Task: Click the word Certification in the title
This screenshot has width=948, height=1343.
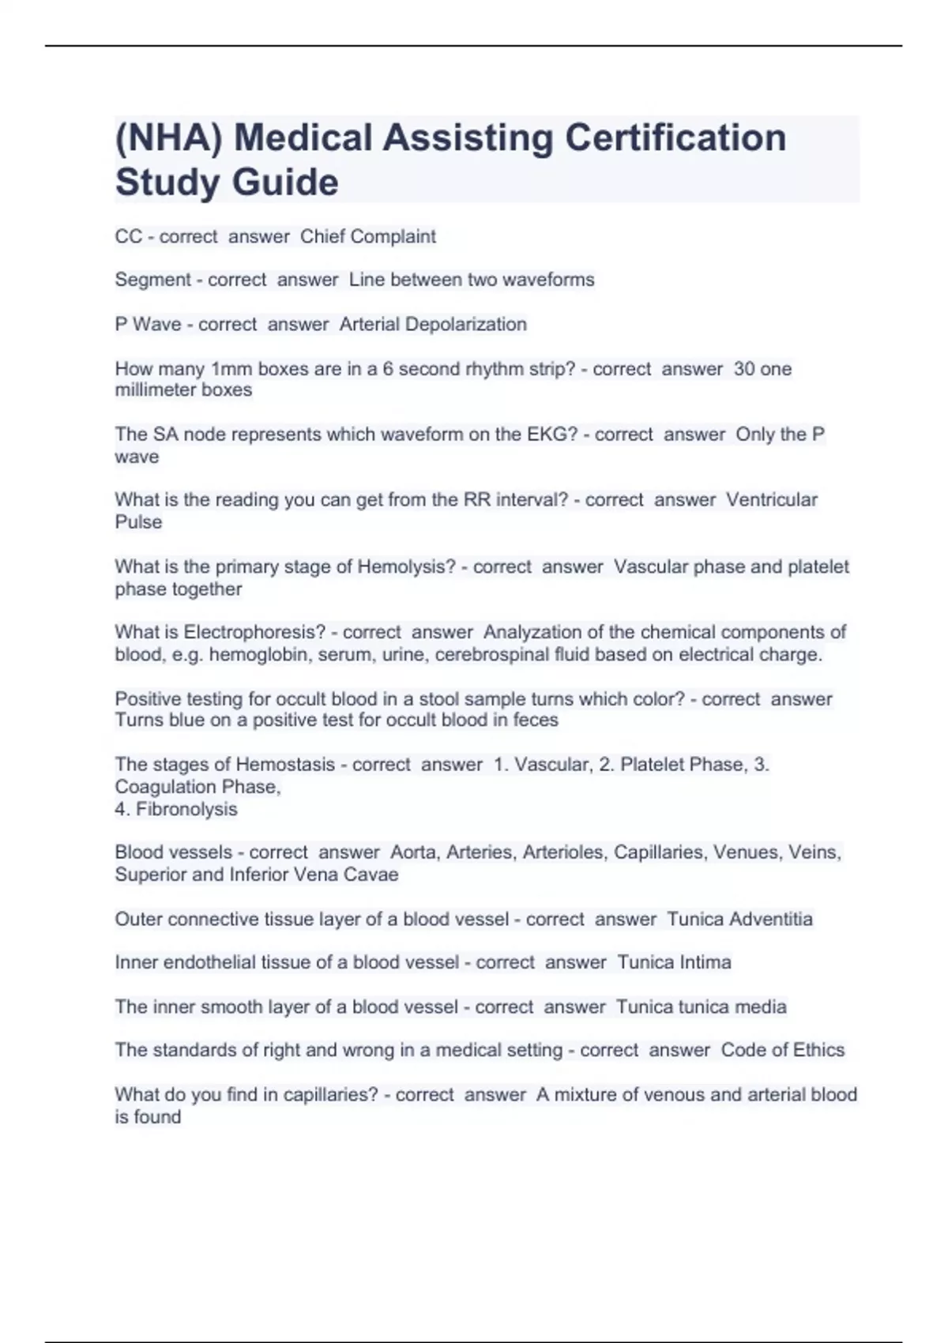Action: pos(675,137)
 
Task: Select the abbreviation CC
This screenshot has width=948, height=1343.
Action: pos(128,236)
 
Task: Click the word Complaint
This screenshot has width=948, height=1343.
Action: pos(393,236)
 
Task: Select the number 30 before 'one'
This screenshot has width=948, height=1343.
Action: pos(744,369)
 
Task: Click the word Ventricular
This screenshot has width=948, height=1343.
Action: pos(771,499)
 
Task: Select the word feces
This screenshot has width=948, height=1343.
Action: pos(536,720)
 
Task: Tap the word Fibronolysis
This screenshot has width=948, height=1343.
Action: pos(186,809)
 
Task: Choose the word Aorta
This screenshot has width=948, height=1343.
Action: pos(413,852)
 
